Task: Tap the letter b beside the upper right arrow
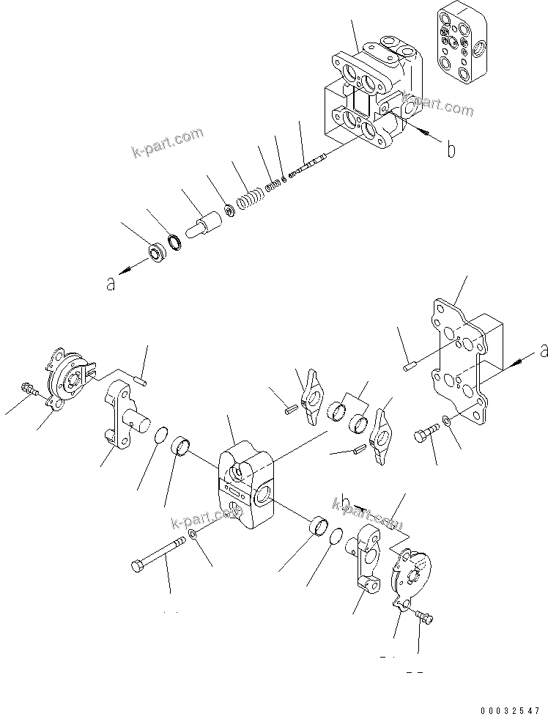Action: pyautogui.click(x=451, y=150)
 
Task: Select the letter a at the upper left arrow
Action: pyautogui.click(x=111, y=284)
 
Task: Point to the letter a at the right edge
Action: pyautogui.click(x=542, y=352)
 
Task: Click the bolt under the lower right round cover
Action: pyautogui.click(x=424, y=619)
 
